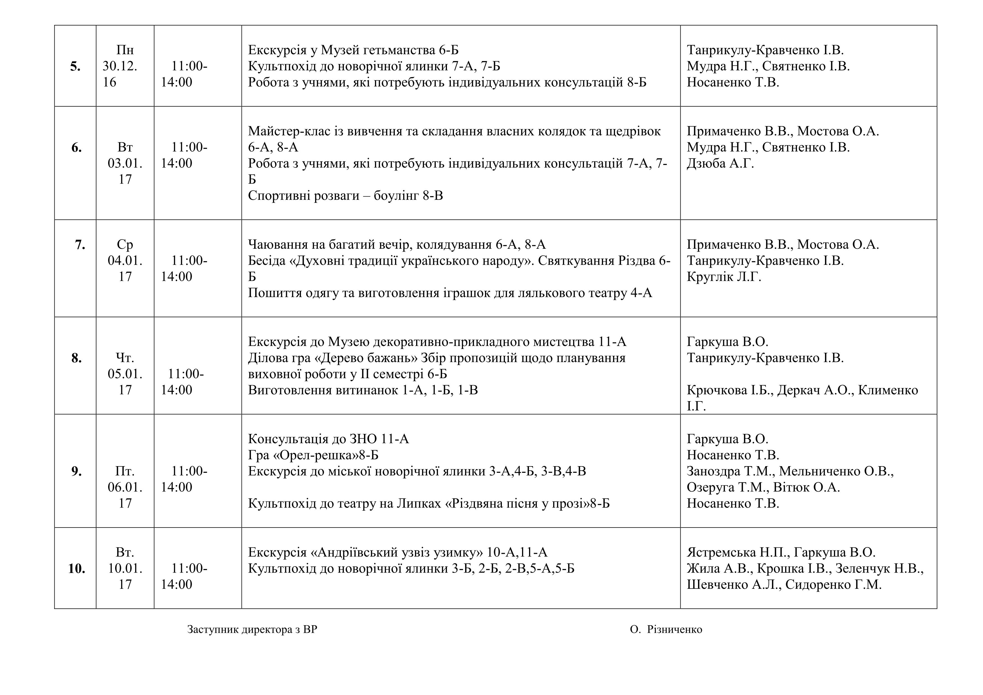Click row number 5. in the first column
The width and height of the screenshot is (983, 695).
(x=75, y=67)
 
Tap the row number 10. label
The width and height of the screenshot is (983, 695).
(x=76, y=569)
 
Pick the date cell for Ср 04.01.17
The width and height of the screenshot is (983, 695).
(x=125, y=261)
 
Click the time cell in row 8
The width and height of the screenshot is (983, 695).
(x=182, y=382)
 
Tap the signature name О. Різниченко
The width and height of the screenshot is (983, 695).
(x=666, y=629)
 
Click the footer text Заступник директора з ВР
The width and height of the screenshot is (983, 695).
(x=252, y=629)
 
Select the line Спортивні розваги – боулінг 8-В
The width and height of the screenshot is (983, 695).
(x=345, y=196)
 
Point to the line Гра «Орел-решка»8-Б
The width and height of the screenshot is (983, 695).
(x=313, y=455)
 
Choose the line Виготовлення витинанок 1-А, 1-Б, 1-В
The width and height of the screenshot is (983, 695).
(x=363, y=390)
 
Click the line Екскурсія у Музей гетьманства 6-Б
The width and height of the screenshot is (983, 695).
(x=353, y=50)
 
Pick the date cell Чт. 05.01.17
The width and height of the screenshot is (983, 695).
(x=125, y=374)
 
